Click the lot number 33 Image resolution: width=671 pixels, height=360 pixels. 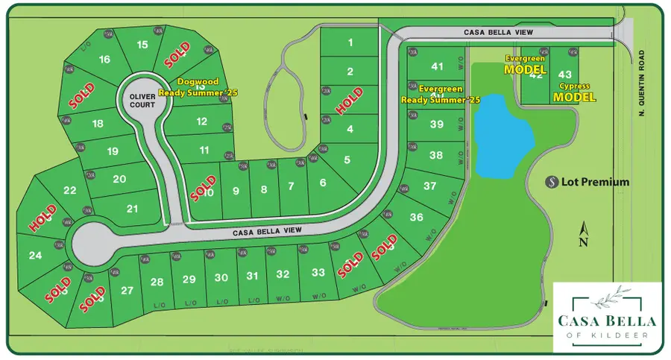pos(318,273)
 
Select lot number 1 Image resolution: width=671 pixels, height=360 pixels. pos(350,43)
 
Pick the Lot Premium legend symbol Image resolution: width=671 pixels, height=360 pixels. pos(552,182)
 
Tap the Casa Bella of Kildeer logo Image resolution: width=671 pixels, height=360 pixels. pos(605,317)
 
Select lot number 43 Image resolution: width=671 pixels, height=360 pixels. pos(564,74)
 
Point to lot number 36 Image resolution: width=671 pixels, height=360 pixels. pos(417,217)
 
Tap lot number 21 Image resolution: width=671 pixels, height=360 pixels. pos(133,209)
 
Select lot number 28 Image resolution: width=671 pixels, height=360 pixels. pos(157,282)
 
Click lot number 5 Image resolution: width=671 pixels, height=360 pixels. pos(347,159)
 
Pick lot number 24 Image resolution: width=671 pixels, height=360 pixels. pos(34,256)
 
